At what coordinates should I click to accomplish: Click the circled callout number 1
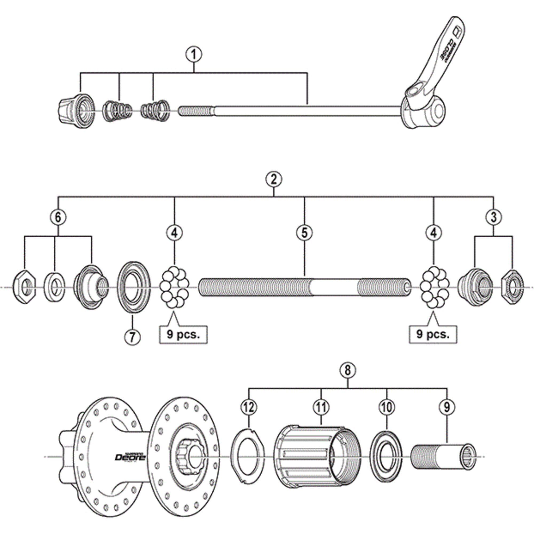(194, 55)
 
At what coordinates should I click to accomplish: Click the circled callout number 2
(274, 179)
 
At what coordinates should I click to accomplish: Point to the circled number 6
(58, 217)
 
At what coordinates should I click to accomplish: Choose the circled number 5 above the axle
(304, 233)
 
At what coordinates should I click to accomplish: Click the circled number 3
(494, 217)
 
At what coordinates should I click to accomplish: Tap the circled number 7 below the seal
(132, 337)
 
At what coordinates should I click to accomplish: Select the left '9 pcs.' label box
(183, 335)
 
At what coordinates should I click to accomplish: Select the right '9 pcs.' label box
(433, 335)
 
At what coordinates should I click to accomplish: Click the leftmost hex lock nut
(24, 288)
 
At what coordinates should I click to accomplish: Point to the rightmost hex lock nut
(512, 288)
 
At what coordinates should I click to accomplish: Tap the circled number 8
(348, 371)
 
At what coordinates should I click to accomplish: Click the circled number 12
(249, 407)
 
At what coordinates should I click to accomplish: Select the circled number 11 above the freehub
(321, 407)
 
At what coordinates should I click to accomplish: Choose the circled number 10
(387, 407)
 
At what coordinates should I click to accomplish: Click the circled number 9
(447, 407)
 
